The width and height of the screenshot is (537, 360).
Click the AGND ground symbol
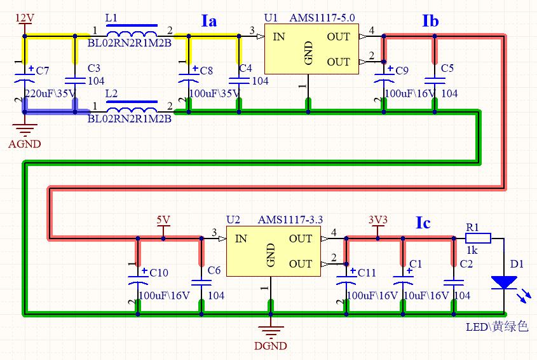point(25,130)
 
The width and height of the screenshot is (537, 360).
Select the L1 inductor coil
point(132,34)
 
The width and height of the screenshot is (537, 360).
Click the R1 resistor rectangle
point(478,238)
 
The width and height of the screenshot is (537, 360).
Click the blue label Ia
point(209,21)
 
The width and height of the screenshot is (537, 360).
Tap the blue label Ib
point(430,21)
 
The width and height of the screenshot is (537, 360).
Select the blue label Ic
point(423,223)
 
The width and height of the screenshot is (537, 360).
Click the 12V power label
point(25,18)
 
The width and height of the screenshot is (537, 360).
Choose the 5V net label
point(163,220)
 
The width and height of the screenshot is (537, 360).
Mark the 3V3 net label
point(377,220)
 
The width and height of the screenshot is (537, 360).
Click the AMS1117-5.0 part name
point(322,18)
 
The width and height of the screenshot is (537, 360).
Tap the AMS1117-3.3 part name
point(290,220)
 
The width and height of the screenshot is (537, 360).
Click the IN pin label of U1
point(279,37)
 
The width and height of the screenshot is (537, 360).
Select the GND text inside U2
point(271,255)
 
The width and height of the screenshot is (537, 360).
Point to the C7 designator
point(43,71)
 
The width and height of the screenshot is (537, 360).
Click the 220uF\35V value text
point(50,93)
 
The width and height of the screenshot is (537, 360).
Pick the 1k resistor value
point(472,251)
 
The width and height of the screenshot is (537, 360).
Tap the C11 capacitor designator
point(367,273)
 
